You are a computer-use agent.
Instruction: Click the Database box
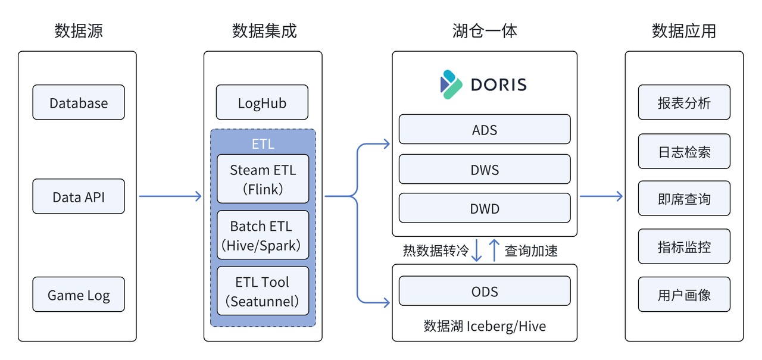(x=79, y=102)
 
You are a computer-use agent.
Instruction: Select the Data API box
(x=79, y=196)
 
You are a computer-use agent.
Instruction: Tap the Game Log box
(x=79, y=295)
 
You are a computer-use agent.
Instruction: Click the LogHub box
(x=262, y=102)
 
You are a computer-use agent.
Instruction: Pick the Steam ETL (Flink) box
(x=263, y=179)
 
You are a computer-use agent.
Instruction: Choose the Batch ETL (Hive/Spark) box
(x=263, y=235)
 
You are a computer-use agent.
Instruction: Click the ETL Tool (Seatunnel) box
(x=263, y=291)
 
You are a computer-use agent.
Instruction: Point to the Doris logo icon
(x=451, y=84)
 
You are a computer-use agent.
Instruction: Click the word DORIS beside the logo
(x=498, y=84)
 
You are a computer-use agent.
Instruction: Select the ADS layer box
(x=484, y=130)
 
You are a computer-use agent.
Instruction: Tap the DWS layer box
(x=484, y=170)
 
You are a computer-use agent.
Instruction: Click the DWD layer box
(x=484, y=208)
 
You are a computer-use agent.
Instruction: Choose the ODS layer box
(x=484, y=291)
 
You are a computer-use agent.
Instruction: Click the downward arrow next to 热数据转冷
(x=476, y=251)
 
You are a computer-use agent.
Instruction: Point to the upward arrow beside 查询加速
(x=494, y=251)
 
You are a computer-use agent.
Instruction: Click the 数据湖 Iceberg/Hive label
(x=484, y=326)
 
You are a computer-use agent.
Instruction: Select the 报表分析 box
(x=684, y=102)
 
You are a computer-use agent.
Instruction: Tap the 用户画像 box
(x=684, y=295)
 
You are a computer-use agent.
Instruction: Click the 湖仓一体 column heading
(x=484, y=30)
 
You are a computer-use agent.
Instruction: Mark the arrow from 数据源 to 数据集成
(x=170, y=196)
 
